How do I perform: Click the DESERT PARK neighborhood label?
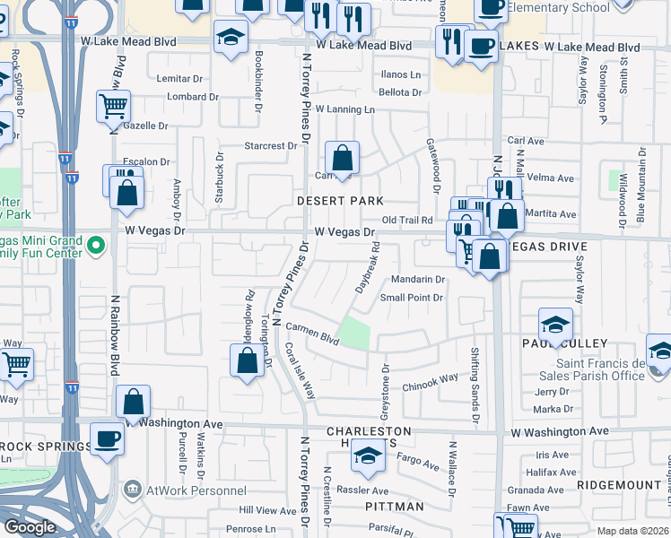point(340,201)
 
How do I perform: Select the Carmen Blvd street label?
point(313,334)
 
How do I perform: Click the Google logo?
point(30,526)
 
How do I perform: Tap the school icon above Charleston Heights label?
point(368,456)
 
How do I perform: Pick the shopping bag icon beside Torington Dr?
point(248,360)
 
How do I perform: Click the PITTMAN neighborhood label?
point(396,507)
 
